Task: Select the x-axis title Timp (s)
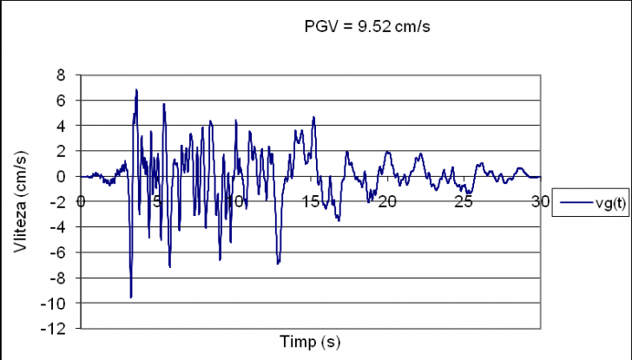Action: tap(310, 341)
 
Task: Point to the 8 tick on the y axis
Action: tap(62, 75)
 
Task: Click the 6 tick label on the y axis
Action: tap(62, 101)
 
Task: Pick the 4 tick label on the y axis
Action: tap(62, 126)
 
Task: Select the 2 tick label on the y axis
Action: tap(62, 151)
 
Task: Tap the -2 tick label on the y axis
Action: tap(59, 202)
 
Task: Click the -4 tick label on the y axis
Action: tap(59, 227)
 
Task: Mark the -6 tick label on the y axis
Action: tap(59, 252)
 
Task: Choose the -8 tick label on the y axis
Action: tap(59, 278)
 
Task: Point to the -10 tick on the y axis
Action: tap(56, 304)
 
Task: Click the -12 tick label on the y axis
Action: tap(56, 329)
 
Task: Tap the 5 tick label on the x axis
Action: tap(156, 201)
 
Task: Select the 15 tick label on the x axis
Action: tap(310, 201)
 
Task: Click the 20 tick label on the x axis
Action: tap(386, 201)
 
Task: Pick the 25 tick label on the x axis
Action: tap(464, 201)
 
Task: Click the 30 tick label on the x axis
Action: tap(540, 201)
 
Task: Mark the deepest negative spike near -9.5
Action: tap(131, 297)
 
